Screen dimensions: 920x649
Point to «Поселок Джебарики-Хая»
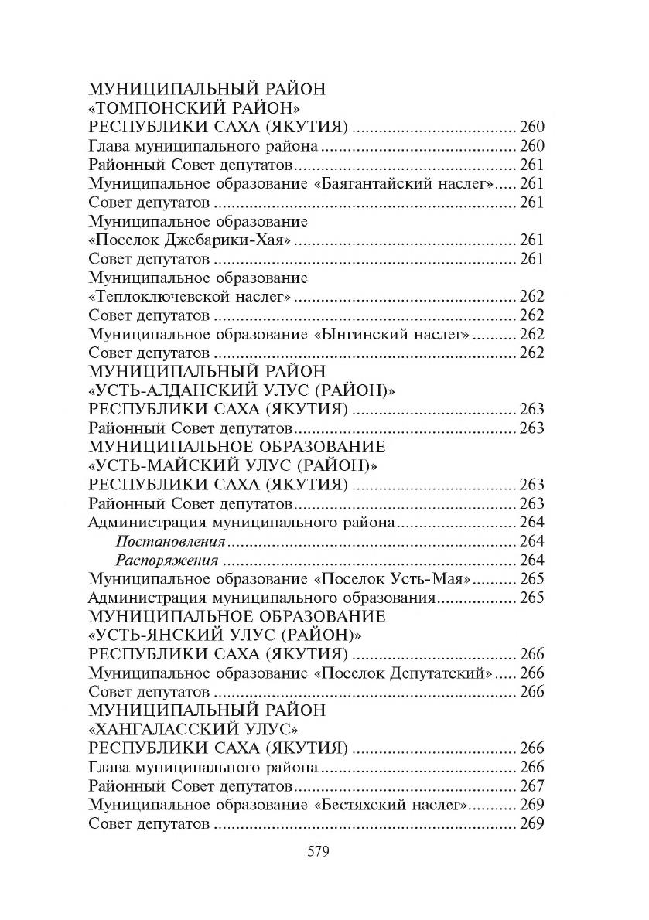pos(190,240)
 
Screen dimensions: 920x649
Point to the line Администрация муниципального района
pos(243,523)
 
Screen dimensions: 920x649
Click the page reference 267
pos(532,785)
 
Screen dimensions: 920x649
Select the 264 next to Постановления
pos(532,541)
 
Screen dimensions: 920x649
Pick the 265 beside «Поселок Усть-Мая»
pos(532,579)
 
